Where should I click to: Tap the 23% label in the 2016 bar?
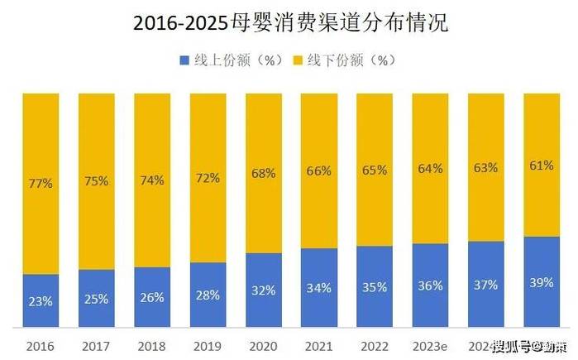(x=41, y=301)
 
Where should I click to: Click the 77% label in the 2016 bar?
(x=41, y=184)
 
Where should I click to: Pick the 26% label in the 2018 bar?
(x=152, y=297)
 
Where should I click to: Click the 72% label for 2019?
(x=208, y=178)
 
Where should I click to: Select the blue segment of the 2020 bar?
(x=263, y=290)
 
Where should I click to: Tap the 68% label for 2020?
(x=263, y=173)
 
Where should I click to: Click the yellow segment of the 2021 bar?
(x=319, y=141)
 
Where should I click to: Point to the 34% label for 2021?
(x=319, y=288)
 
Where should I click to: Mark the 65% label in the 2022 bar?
(x=375, y=170)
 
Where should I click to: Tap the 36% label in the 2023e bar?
(x=430, y=286)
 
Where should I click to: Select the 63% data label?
(x=485, y=168)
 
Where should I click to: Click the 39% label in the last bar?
(x=542, y=282)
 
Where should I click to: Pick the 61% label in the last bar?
(x=542, y=166)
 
